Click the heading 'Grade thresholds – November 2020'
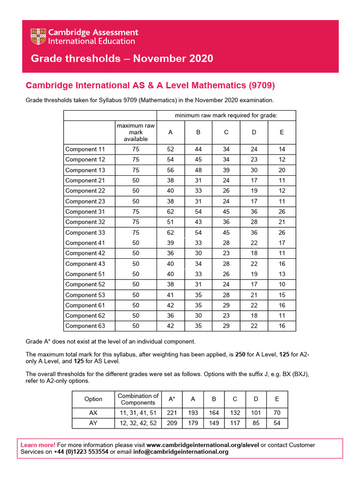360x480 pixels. [x=121, y=59]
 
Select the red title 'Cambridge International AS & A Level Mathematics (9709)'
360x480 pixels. [x=150, y=85]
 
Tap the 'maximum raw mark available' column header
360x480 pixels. [x=135, y=132]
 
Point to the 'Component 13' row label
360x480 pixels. [x=85, y=170]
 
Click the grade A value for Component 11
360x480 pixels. [x=170, y=149]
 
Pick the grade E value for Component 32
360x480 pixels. [x=282, y=222]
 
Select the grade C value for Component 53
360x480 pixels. [x=226, y=295]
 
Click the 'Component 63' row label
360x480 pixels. [x=85, y=326]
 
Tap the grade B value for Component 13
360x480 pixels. [x=198, y=170]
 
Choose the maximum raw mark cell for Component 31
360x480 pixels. [x=135, y=212]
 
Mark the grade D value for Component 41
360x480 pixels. [x=254, y=243]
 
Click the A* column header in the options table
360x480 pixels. [x=172, y=399]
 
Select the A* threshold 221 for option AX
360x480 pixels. [x=172, y=413]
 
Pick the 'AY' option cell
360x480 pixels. [x=93, y=423]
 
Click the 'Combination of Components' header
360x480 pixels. [x=138, y=399]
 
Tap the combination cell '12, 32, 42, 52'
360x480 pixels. [x=138, y=423]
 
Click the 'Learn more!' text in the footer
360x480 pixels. [x=38, y=445]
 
